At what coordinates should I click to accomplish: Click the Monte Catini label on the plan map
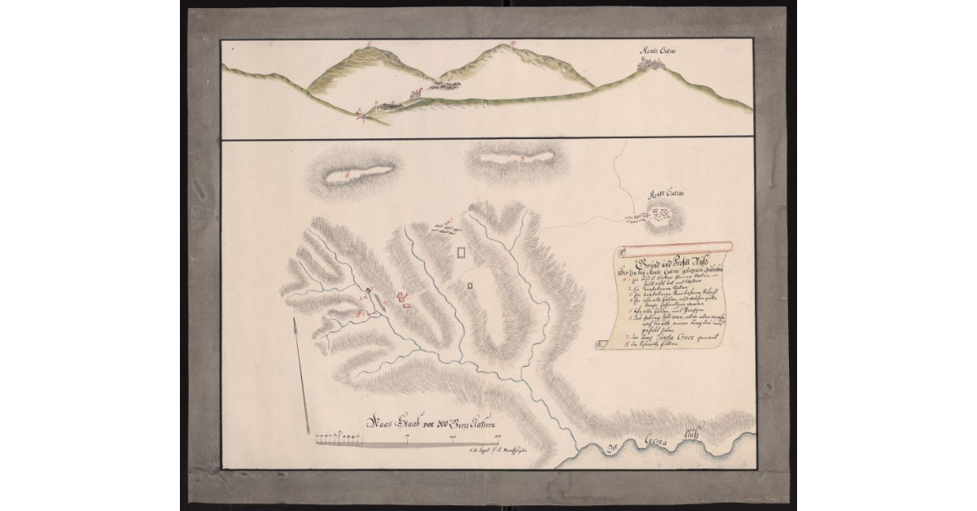click(x=664, y=194)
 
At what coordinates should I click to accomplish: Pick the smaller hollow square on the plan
click(x=470, y=285)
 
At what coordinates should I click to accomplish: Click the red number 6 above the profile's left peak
click(x=369, y=40)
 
